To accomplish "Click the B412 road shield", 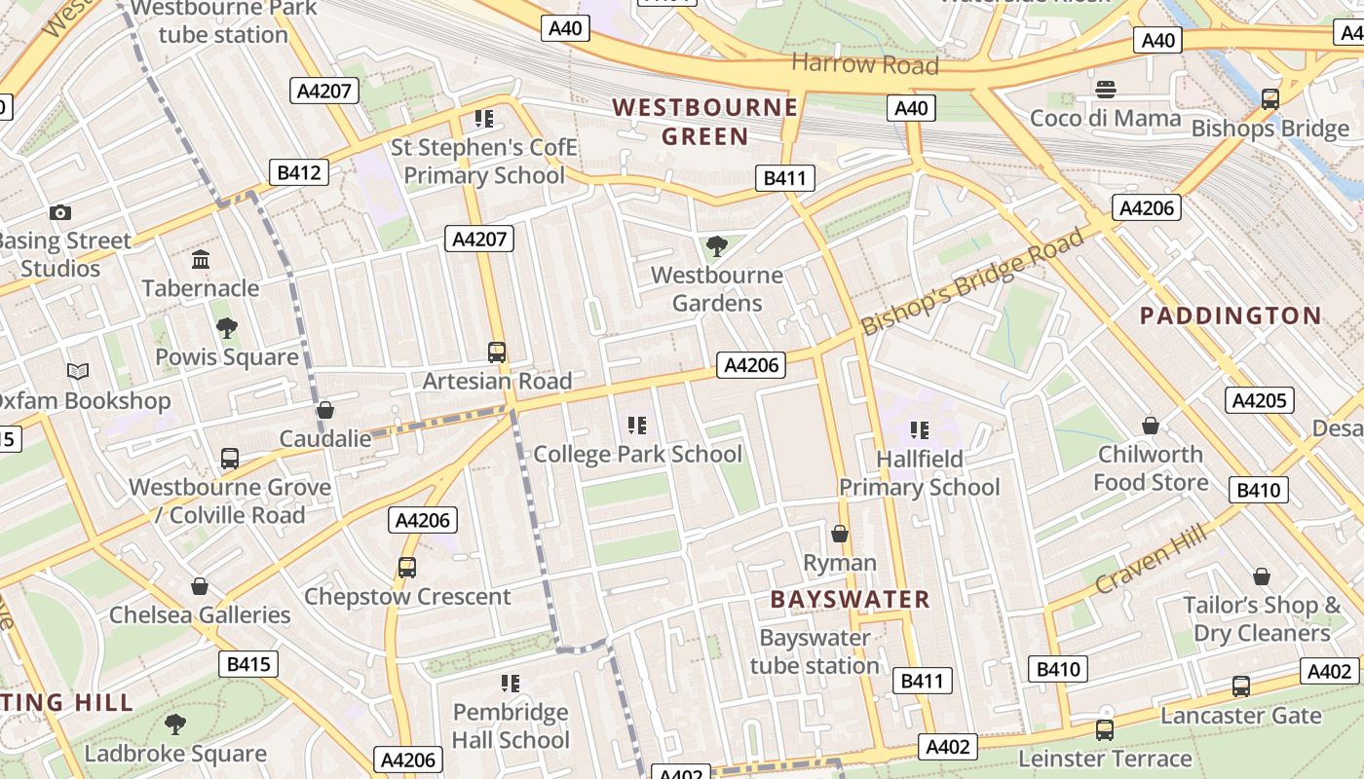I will coord(298,172).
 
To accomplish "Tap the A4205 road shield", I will coord(1259,400).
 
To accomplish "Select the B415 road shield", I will coord(247,665).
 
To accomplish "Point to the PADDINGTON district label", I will coord(1231,315).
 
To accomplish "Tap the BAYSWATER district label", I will coord(850,599).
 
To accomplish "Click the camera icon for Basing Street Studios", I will coord(59,212).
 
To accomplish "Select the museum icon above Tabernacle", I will coord(201,259).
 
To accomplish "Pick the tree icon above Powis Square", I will coord(226,328).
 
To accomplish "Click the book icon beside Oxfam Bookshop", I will coord(78,371).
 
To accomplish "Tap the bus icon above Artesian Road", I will coord(497,352).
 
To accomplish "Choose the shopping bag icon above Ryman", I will coord(840,534).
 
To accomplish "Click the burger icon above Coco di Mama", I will coord(1105,90).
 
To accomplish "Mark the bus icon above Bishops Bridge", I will coord(1269,98).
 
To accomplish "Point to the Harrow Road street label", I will coord(864,64).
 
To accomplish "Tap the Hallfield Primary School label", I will coord(919,473).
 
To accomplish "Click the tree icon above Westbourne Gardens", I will coord(717,246).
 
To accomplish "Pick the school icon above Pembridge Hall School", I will coord(510,684).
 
